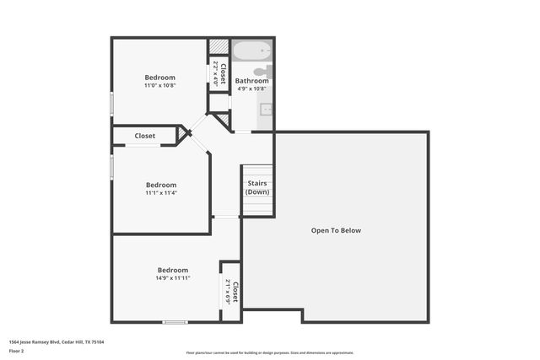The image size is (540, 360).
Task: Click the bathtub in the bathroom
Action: [x=252, y=50]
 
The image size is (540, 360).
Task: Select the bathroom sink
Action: [x=266, y=109]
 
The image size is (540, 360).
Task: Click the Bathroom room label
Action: [x=251, y=81]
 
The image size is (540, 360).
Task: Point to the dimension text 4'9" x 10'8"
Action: [x=251, y=89]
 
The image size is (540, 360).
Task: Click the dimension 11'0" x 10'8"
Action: [x=159, y=85]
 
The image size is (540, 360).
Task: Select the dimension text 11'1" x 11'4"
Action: [x=160, y=193]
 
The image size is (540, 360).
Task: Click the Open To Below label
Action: [x=336, y=230]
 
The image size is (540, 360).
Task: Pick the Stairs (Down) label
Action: [x=257, y=187]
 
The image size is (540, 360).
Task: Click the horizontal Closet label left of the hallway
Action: [x=144, y=135]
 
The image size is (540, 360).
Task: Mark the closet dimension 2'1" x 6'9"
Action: [x=229, y=293]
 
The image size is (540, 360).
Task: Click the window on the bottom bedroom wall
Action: [x=175, y=321]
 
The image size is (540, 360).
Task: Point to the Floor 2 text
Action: [x=16, y=350]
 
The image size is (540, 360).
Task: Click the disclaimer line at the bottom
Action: [x=269, y=352]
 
